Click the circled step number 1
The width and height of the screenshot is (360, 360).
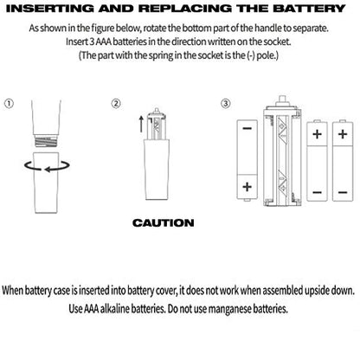click(x=9, y=104)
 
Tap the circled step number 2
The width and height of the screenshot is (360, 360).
click(x=116, y=104)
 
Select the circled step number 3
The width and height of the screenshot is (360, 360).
click(x=226, y=104)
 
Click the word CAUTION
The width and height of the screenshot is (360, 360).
click(x=164, y=222)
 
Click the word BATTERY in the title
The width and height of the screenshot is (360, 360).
click(x=309, y=9)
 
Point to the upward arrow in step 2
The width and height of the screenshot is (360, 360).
click(x=141, y=124)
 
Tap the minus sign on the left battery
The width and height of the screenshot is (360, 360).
click(x=247, y=129)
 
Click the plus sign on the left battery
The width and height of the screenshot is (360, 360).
click(x=247, y=187)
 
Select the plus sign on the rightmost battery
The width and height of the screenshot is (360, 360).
click(x=343, y=134)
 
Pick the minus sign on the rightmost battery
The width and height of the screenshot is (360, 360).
click(x=343, y=192)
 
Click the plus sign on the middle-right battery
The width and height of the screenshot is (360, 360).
click(x=318, y=134)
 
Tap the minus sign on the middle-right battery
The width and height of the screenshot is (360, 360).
click(x=318, y=192)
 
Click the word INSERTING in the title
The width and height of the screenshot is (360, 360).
click(x=50, y=9)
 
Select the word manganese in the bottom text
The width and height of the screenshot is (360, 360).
click(x=229, y=309)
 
